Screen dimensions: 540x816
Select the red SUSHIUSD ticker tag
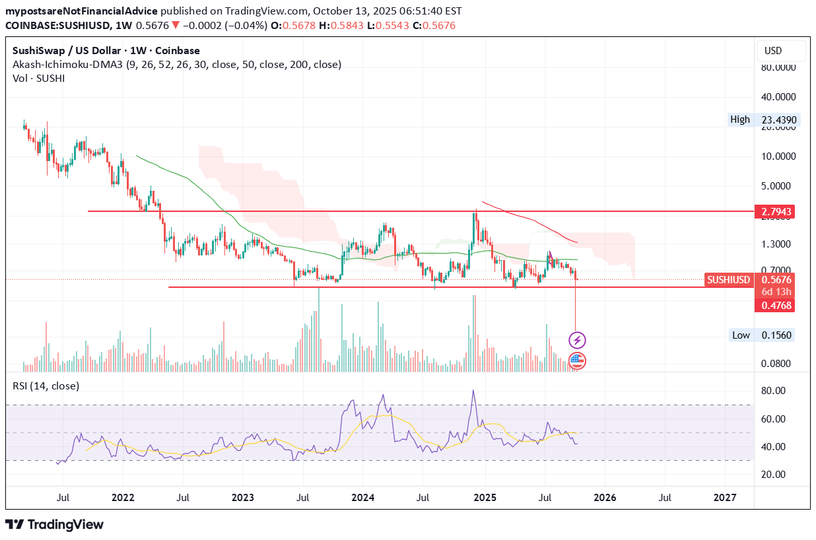(729, 280)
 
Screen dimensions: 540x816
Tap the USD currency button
(773, 51)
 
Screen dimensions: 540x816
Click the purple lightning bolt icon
(577, 341)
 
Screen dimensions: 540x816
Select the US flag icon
(577, 360)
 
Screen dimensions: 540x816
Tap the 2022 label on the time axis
(123, 496)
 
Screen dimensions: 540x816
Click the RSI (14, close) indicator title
(46, 386)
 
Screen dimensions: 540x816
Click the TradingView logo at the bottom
(55, 525)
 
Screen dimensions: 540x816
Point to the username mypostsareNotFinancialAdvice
(83, 11)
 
